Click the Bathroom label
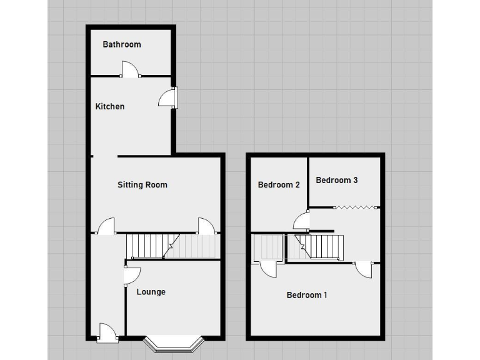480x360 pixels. click(x=122, y=44)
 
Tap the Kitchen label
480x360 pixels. click(x=109, y=106)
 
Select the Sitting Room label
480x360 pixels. click(x=142, y=184)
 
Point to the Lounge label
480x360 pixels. click(x=151, y=292)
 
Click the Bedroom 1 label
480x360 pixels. click(x=306, y=295)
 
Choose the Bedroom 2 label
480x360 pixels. click(x=279, y=184)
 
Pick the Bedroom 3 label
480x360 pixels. click(x=336, y=180)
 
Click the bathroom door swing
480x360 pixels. click(x=130, y=69)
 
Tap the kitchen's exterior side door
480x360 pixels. click(x=169, y=97)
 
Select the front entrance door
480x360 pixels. click(x=107, y=332)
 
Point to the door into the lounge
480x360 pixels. click(x=132, y=274)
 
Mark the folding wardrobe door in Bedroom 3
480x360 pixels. click(x=354, y=207)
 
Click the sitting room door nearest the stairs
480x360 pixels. click(x=207, y=225)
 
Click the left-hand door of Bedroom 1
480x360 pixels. click(x=268, y=269)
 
